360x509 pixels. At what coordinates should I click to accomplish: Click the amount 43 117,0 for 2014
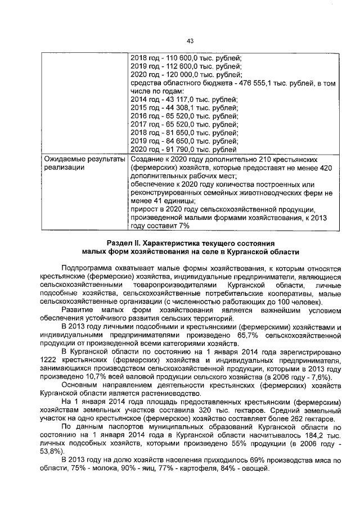pos(177,100)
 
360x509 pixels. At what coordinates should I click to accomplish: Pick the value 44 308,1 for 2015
pos(177,108)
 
